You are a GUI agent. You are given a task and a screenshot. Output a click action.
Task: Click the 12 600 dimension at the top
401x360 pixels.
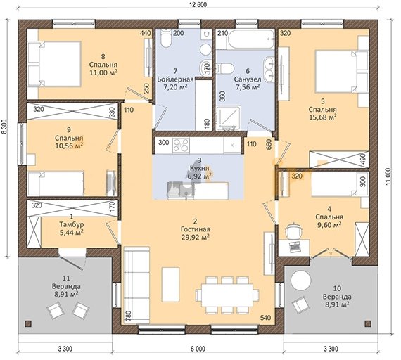click(x=198, y=5)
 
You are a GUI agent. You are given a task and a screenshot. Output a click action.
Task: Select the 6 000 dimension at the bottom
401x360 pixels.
click(x=198, y=349)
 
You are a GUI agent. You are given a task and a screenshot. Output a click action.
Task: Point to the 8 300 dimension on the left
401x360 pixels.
click(x=4, y=127)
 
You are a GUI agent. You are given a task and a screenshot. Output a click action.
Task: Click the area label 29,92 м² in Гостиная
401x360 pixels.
click(x=196, y=237)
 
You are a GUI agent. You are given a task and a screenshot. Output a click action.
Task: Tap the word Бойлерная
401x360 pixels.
click(x=175, y=79)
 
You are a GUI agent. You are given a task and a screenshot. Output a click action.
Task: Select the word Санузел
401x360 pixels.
click(x=248, y=79)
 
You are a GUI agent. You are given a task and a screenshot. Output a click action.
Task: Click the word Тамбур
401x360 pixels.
click(x=72, y=224)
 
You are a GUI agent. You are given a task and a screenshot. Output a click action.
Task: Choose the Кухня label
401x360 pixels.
click(x=200, y=168)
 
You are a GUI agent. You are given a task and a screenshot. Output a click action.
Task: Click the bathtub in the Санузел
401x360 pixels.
click(x=251, y=39)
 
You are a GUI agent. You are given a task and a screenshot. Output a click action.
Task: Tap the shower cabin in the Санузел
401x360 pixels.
click(x=229, y=118)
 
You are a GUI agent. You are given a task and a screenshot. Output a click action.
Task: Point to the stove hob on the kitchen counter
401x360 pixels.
click(x=181, y=146)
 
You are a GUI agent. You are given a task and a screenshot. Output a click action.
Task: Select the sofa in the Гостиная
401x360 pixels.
click(x=136, y=284)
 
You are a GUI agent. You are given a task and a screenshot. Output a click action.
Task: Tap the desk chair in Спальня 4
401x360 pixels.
click(x=293, y=231)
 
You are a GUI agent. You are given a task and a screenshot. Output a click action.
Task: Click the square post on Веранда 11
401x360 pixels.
click(x=28, y=323)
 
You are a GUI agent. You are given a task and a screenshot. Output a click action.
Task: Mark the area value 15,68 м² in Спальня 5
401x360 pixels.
click(x=322, y=117)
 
